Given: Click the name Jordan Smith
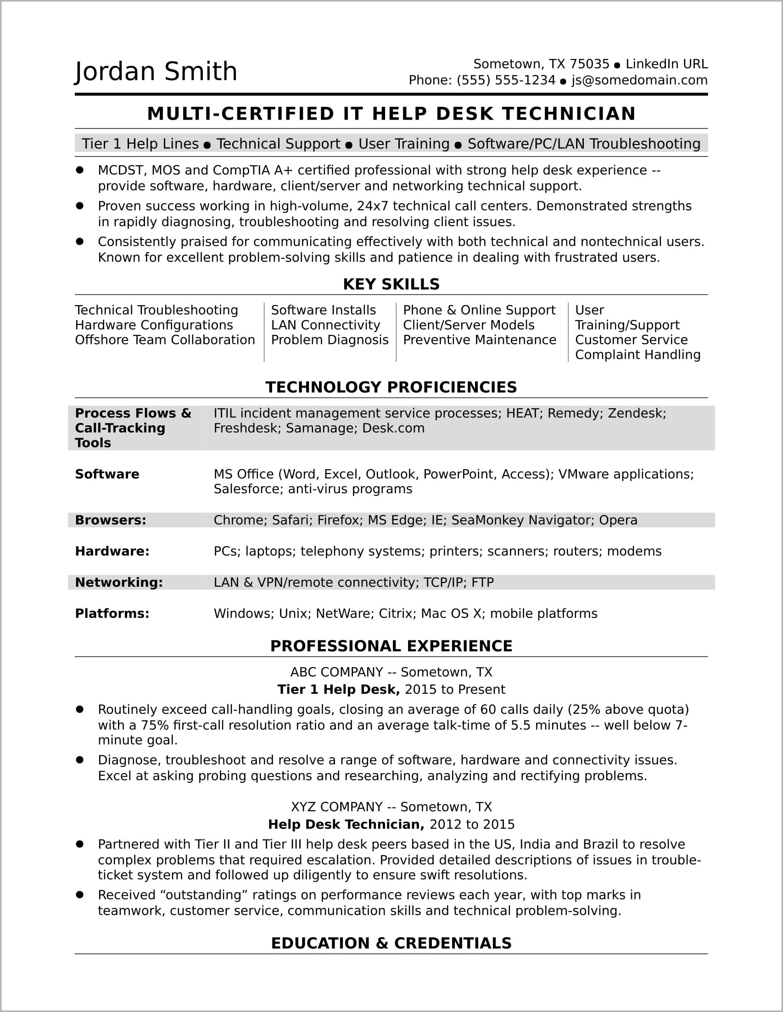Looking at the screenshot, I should point(156,72).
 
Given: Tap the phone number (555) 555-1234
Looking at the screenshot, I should point(506,81).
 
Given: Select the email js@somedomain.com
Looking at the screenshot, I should point(639,81).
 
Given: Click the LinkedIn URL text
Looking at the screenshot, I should point(666,64).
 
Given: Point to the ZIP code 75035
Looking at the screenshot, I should point(589,64).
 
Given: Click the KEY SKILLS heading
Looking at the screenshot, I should point(391,284).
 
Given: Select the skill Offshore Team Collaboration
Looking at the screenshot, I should point(165,339).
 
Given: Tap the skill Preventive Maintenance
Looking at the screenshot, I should point(479,339).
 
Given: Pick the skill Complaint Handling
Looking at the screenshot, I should point(638,355).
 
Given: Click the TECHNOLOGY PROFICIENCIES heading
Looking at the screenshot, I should point(391,387).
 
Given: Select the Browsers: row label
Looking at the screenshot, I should point(110,520).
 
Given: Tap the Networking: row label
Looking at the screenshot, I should point(119,582).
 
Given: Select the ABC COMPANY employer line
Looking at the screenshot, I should point(391,672).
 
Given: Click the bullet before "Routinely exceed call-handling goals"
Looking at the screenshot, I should point(80,709).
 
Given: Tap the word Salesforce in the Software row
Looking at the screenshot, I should point(248,489).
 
